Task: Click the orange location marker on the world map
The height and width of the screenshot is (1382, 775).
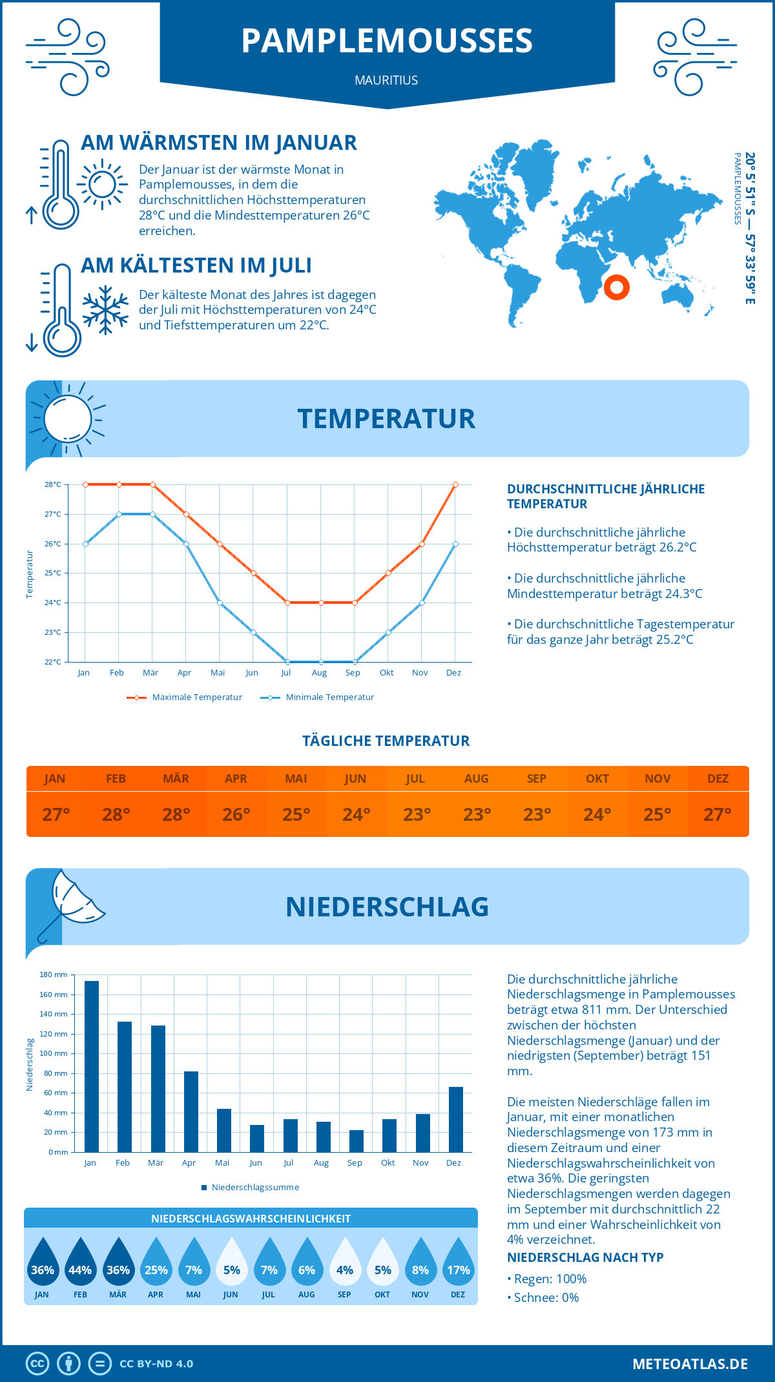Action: point(617,287)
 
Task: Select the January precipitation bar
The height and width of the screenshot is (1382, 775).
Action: point(92,1066)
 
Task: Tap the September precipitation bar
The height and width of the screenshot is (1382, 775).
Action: point(356,1141)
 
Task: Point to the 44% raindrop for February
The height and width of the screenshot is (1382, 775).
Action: point(80,1263)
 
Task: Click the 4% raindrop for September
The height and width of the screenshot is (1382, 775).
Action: point(345,1263)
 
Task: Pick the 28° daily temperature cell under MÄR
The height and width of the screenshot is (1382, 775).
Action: point(176,814)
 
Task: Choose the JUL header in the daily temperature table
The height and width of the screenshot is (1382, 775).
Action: point(415,779)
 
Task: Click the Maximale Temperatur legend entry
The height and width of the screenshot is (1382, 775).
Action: point(185,697)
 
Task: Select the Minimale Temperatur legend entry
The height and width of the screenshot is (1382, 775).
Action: point(318,697)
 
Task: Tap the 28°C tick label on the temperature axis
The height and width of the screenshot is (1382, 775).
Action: point(53,484)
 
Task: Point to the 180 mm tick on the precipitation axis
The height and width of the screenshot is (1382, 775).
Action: point(54,975)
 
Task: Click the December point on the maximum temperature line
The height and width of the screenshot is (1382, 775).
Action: point(455,484)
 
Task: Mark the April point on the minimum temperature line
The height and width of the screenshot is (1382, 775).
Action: point(186,544)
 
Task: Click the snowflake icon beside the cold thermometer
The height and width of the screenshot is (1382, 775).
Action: point(105,310)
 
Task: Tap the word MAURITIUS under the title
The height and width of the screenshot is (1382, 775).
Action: point(386,80)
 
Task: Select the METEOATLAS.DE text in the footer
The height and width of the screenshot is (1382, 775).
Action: point(690,1364)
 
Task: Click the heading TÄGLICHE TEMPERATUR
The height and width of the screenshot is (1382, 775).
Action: point(386,741)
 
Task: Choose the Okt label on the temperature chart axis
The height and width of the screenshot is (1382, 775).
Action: point(386,673)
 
